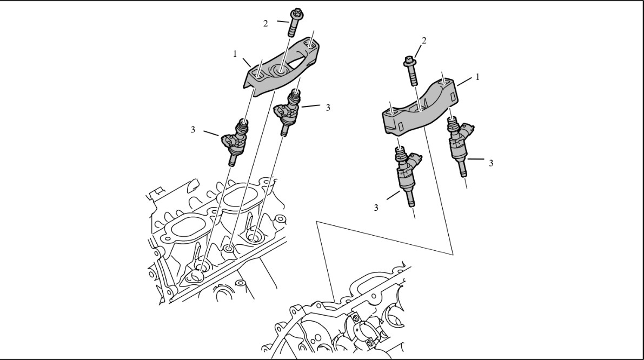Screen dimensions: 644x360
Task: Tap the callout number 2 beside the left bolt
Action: pyautogui.click(x=265, y=24)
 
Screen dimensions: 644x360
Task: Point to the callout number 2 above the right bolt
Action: pyautogui.click(x=424, y=41)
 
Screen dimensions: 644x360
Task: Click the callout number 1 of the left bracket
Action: pyautogui.click(x=235, y=54)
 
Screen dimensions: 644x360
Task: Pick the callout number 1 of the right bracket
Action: pyautogui.click(x=477, y=77)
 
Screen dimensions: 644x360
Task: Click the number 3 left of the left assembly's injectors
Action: pyautogui.click(x=192, y=130)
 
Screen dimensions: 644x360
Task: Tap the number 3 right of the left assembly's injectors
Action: pyautogui.click(x=328, y=108)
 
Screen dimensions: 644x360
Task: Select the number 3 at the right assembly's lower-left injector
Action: pyautogui.click(x=376, y=208)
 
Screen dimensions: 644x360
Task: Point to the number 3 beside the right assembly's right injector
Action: pyautogui.click(x=491, y=163)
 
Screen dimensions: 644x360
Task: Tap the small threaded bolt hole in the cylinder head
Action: pyautogui.click(x=229, y=249)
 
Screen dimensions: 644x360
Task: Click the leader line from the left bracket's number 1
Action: pyautogui.click(x=247, y=63)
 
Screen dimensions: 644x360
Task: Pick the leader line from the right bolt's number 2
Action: pyautogui.click(x=418, y=52)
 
